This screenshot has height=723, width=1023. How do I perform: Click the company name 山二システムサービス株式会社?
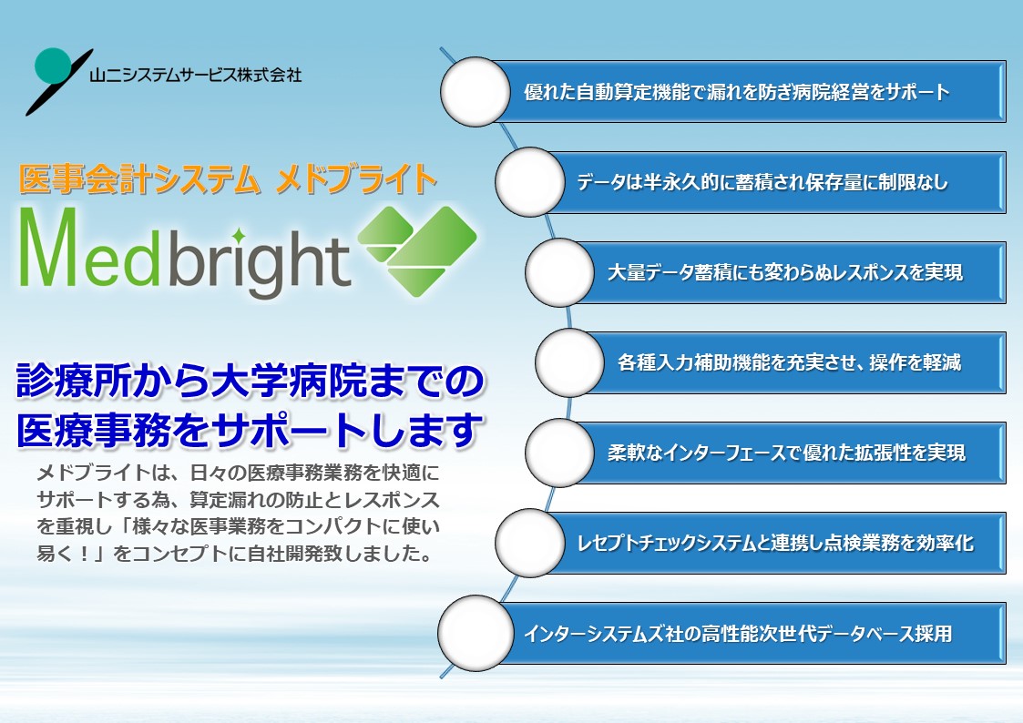(x=196, y=76)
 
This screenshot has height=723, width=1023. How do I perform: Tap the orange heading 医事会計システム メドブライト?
(x=228, y=179)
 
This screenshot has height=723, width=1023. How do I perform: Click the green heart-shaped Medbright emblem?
(x=417, y=251)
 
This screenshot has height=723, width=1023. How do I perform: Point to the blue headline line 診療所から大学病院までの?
(x=251, y=381)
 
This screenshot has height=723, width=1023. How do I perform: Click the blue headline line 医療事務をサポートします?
(x=250, y=431)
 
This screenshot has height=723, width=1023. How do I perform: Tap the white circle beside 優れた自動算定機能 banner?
(x=475, y=92)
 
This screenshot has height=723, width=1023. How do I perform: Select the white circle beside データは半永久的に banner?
(x=529, y=182)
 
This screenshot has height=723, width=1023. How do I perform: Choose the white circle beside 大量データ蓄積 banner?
(x=559, y=272)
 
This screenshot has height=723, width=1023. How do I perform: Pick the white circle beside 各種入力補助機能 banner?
(x=569, y=362)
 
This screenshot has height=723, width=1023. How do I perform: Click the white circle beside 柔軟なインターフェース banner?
(x=559, y=453)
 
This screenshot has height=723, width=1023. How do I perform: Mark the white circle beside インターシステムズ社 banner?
(x=475, y=633)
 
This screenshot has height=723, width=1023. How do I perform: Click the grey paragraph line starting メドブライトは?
(x=238, y=472)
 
